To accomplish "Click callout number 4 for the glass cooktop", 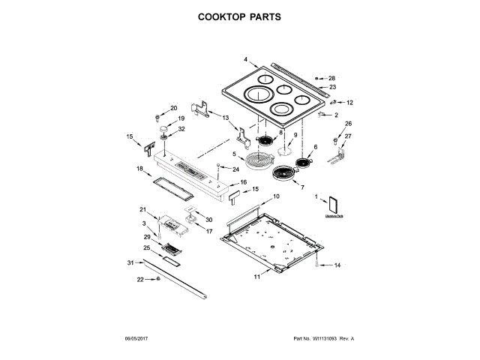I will pos(245,59).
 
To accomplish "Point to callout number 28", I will pos(332,78).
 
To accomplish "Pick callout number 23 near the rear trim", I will pos(332,87).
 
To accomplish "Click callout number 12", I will pos(349,102).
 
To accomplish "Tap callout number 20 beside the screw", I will pos(174,108).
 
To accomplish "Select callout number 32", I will pos(181,128).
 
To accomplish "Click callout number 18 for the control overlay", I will pos(139,169).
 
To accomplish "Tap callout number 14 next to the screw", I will pos(337,265).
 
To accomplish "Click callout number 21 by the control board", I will pos(143,209).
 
